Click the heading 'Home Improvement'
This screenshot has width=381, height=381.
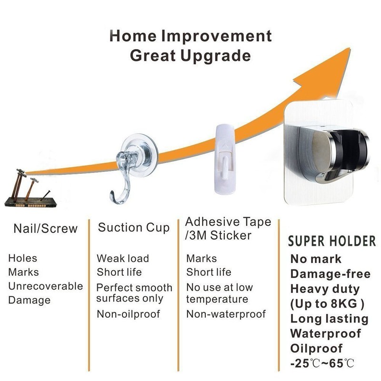coord(190,36)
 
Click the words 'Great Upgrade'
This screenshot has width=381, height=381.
coord(190,56)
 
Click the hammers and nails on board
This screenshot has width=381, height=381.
coord(30,190)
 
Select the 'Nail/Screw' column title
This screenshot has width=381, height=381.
coord(45,228)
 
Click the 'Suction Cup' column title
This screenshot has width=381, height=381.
coord(134,228)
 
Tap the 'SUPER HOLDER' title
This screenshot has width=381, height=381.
coord(331,241)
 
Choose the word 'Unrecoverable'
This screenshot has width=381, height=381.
coord(45,286)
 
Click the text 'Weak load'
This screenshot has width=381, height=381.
coord(123,259)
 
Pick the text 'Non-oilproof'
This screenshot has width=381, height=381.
coord(129,314)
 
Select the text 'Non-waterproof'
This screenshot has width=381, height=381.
coord(226,314)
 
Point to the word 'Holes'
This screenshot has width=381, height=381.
coord(22,259)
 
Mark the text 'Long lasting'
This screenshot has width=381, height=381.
coord(329,319)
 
